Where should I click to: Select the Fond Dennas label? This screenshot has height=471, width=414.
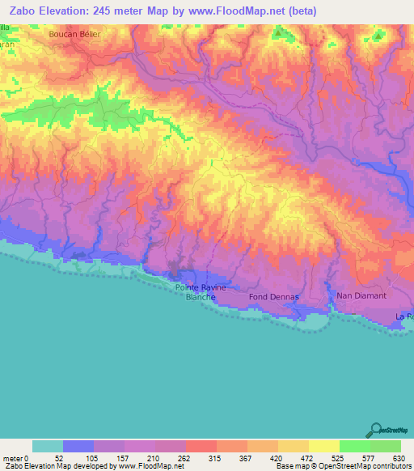274,297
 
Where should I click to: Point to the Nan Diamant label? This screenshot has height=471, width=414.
357,296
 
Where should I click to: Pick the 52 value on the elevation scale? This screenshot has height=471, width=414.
64,457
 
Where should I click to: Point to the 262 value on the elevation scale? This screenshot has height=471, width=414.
186,457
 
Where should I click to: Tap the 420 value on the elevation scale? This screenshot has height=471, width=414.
277,457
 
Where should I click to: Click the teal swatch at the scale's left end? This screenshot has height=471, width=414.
48,446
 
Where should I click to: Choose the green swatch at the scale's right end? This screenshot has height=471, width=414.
386,446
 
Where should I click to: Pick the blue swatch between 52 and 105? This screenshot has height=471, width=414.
78,446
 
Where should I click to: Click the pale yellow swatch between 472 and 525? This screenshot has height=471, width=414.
324,446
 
